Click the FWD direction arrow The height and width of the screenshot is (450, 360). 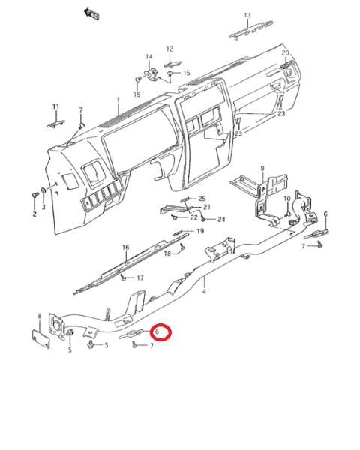point(91,13)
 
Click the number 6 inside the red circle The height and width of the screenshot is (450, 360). point(157,331)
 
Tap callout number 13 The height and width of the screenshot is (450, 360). point(247,15)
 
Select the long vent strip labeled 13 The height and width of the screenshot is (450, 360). point(251,30)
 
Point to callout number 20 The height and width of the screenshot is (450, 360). point(285,52)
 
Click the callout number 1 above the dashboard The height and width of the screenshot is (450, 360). point(118,100)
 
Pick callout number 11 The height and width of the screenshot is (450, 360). point(55,106)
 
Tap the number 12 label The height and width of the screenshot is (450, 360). point(169,49)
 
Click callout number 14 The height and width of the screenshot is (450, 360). point(149,56)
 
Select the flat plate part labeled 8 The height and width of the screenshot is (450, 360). point(40,339)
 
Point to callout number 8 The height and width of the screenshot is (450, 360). point(40,316)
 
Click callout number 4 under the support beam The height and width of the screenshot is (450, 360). point(204,291)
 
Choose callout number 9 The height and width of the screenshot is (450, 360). point(262,169)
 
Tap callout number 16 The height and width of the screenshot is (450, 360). point(126,247)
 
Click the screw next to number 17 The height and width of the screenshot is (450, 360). point(123,277)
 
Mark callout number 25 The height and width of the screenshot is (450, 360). point(202,199)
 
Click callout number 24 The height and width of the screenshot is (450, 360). point(221,220)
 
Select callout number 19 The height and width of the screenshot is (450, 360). point(200,231)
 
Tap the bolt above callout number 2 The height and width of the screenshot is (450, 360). point(35,195)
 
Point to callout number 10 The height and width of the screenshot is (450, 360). point(287,199)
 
